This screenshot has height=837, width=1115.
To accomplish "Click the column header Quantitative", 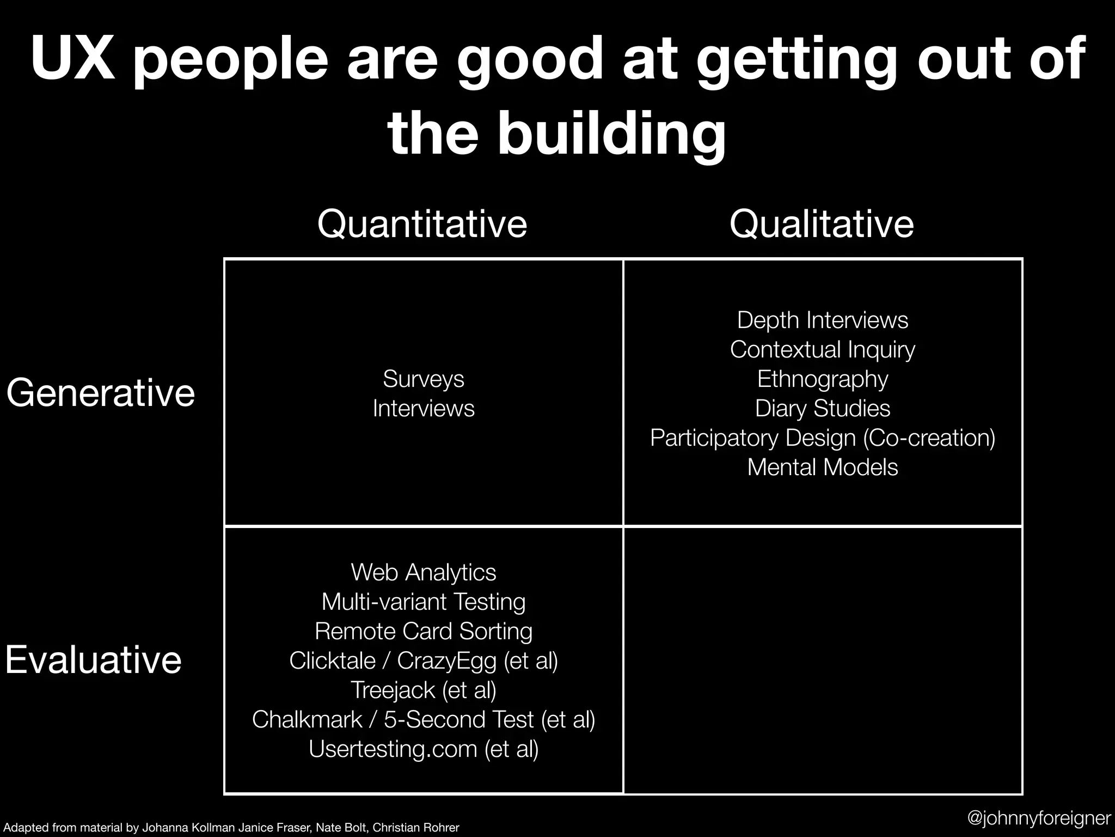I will point(422,223).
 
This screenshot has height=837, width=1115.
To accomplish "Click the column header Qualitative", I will point(821,223).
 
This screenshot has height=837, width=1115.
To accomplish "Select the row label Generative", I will point(101,392).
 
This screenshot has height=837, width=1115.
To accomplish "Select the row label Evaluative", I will point(93,659).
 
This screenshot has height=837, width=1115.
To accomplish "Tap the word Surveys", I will point(423,379).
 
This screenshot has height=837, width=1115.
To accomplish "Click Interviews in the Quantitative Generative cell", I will point(423,408).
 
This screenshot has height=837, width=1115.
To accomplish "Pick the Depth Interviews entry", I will point(822,320).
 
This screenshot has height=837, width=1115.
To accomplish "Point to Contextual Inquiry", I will point(822,349).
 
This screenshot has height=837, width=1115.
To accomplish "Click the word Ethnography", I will point(822,379).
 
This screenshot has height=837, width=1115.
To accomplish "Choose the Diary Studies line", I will point(822,408).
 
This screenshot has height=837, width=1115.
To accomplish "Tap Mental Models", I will point(822,467).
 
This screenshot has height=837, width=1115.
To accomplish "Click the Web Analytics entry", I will point(423,572).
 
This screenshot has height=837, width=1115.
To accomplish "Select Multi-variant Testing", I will point(423,602).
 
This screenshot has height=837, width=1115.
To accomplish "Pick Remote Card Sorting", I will point(423,631).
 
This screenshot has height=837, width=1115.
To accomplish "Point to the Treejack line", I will point(423,690).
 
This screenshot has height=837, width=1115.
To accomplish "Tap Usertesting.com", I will point(393,749).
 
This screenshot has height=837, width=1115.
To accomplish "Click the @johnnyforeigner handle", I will point(1039,817).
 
